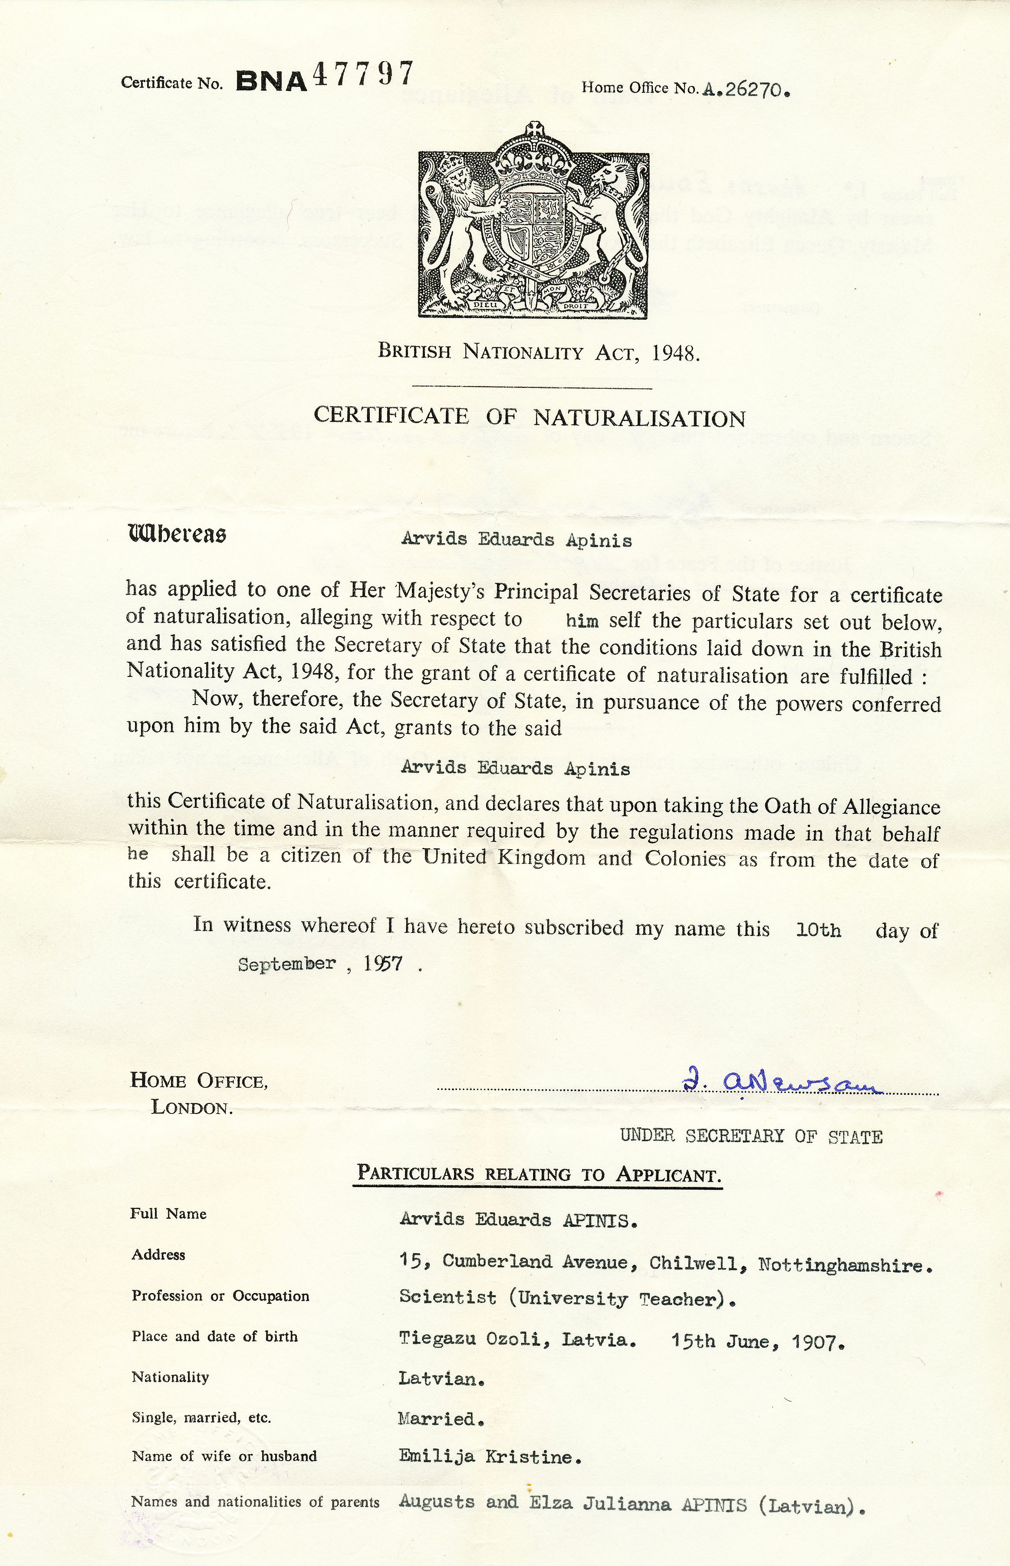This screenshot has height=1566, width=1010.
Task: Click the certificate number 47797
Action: (x=363, y=76)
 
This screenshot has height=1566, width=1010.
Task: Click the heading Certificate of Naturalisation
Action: (x=529, y=417)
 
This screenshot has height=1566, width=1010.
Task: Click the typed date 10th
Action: (x=817, y=930)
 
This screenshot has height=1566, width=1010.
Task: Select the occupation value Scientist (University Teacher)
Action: (x=567, y=1299)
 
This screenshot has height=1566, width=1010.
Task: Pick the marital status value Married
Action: (x=441, y=1419)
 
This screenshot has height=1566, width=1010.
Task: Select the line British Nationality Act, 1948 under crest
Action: (x=539, y=353)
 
